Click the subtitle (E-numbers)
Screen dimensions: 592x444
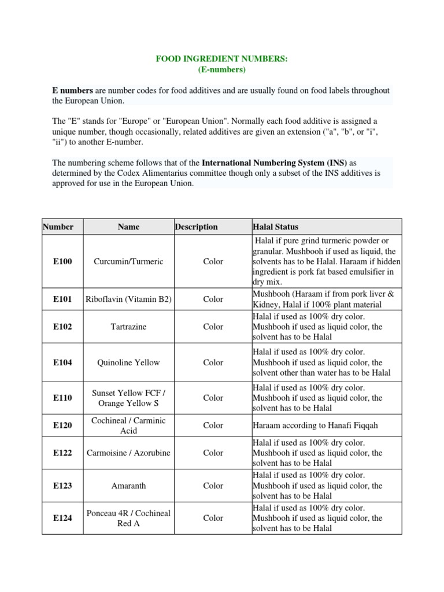click(x=222, y=70)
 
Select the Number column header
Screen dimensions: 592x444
click(x=58, y=227)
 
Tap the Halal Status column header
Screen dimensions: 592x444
click(x=276, y=227)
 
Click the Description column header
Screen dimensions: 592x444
click(x=197, y=227)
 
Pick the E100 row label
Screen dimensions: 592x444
click(x=62, y=261)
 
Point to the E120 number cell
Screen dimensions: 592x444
click(x=62, y=425)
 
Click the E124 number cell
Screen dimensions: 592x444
click(x=62, y=519)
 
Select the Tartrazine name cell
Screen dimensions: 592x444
click(x=128, y=327)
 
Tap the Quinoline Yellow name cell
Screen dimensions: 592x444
click(x=128, y=362)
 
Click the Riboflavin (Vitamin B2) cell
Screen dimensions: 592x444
click(x=128, y=299)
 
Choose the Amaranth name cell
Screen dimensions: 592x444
click(x=128, y=486)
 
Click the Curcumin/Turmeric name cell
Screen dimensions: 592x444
click(x=128, y=261)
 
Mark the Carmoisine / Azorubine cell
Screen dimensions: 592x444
click(x=128, y=453)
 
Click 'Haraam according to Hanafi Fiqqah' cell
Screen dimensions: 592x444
click(x=311, y=425)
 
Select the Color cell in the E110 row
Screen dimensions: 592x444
click(x=213, y=398)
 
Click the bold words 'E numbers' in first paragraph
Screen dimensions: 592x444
click(x=72, y=91)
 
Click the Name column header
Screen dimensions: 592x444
click(x=128, y=227)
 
